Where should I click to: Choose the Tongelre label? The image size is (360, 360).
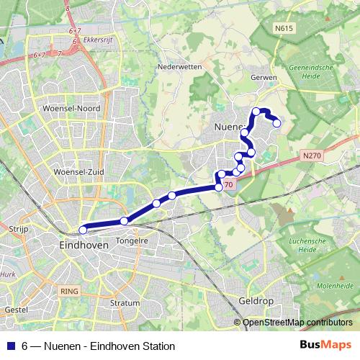coord(132,242)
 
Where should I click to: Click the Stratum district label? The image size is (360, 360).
coord(125,303)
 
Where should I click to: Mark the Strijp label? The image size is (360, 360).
coord(17,228)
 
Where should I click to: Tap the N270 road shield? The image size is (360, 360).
coord(312,155)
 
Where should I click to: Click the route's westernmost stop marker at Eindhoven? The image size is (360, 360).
coord(83,230)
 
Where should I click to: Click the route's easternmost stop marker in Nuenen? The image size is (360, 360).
coord(276,123)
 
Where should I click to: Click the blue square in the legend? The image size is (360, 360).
coord(9,346)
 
